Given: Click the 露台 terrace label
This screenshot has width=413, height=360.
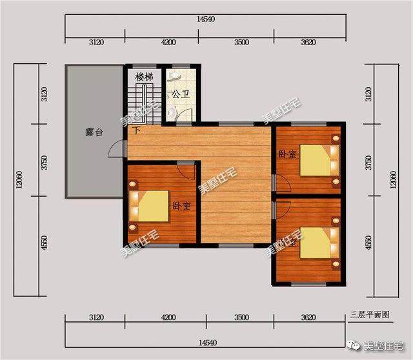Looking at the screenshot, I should [94, 132].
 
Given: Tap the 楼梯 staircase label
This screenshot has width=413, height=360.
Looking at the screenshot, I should [143, 77].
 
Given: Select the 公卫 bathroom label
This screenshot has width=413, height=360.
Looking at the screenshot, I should [180, 94].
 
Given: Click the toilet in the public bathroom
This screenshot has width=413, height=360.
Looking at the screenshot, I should [172, 112].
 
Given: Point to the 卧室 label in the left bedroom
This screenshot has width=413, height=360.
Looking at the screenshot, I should [181, 206].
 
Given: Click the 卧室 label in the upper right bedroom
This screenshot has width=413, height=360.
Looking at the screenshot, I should [287, 154].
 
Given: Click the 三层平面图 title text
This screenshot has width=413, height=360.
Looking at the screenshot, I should [370, 315].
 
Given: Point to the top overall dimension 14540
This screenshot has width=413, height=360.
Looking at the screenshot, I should [206, 20].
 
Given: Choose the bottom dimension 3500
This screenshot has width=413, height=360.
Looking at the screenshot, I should [241, 318].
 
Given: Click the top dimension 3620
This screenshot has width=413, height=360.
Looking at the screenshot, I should [308, 43].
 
